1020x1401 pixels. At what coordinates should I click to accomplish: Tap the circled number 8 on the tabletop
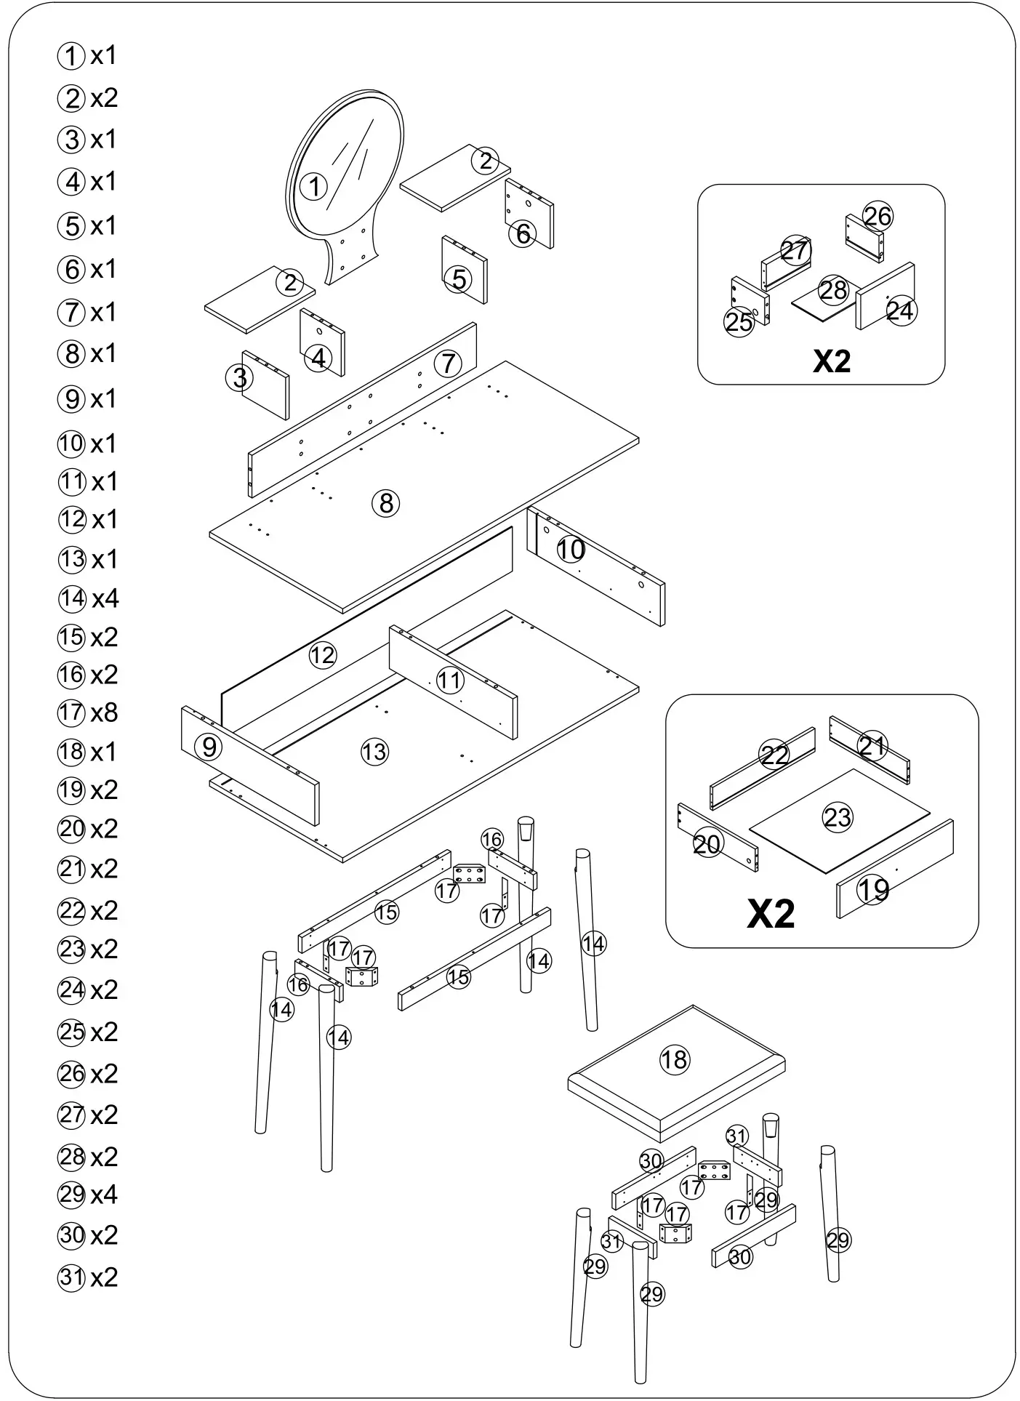pos(386,502)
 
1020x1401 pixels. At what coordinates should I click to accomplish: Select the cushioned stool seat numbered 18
pos(674,1059)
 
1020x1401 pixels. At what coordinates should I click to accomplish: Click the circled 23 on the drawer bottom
pos(837,817)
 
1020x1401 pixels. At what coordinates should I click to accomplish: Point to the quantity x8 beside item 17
pos(104,712)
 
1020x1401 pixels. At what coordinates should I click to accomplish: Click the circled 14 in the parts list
pos(72,598)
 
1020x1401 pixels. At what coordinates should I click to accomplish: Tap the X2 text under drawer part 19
pos(771,914)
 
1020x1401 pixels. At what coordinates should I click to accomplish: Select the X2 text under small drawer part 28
pos(831,361)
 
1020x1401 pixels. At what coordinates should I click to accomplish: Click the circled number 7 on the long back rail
pos(448,363)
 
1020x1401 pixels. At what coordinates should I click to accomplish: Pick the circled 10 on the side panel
pos(571,550)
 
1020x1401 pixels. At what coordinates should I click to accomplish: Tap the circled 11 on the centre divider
pos(449,680)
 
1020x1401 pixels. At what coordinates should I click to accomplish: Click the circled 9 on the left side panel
pos(209,747)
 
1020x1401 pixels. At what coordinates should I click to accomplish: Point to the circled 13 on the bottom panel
pos(374,752)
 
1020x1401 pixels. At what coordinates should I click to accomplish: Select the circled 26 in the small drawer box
pos(878,216)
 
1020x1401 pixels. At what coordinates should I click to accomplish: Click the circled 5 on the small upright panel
pos(459,278)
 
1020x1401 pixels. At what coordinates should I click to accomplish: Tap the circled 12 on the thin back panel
pos(322,655)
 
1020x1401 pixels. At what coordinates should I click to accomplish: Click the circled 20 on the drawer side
pos(706,844)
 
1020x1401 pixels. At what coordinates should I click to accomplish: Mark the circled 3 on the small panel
pos(240,377)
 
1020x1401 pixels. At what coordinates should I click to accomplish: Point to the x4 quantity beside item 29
pos(104,1195)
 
